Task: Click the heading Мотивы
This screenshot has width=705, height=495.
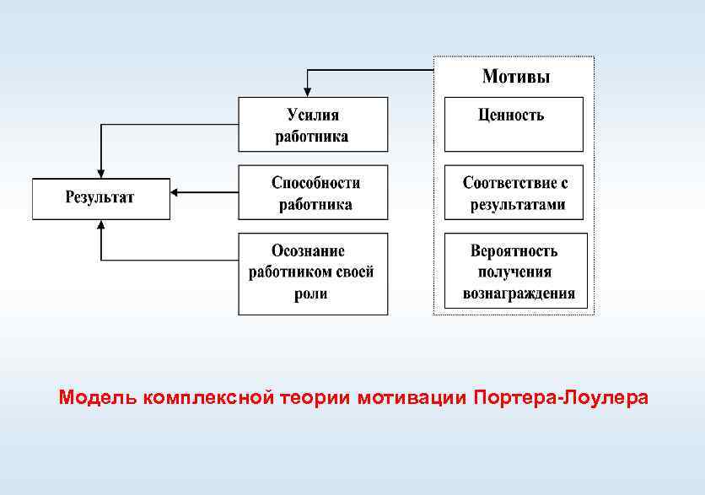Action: (515, 78)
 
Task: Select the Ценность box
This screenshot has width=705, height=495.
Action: (514, 123)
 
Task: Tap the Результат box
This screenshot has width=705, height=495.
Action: (101, 199)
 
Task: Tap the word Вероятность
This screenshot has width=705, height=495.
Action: (514, 251)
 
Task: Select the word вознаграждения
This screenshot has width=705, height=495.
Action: (519, 293)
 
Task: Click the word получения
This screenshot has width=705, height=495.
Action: (514, 272)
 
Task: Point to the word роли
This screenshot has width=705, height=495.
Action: (311, 293)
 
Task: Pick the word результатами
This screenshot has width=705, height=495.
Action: (517, 204)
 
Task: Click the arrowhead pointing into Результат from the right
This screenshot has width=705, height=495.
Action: (175, 192)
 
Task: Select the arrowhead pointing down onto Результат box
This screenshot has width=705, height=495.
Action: (101, 173)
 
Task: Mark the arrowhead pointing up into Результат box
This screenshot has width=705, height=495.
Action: (101, 225)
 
